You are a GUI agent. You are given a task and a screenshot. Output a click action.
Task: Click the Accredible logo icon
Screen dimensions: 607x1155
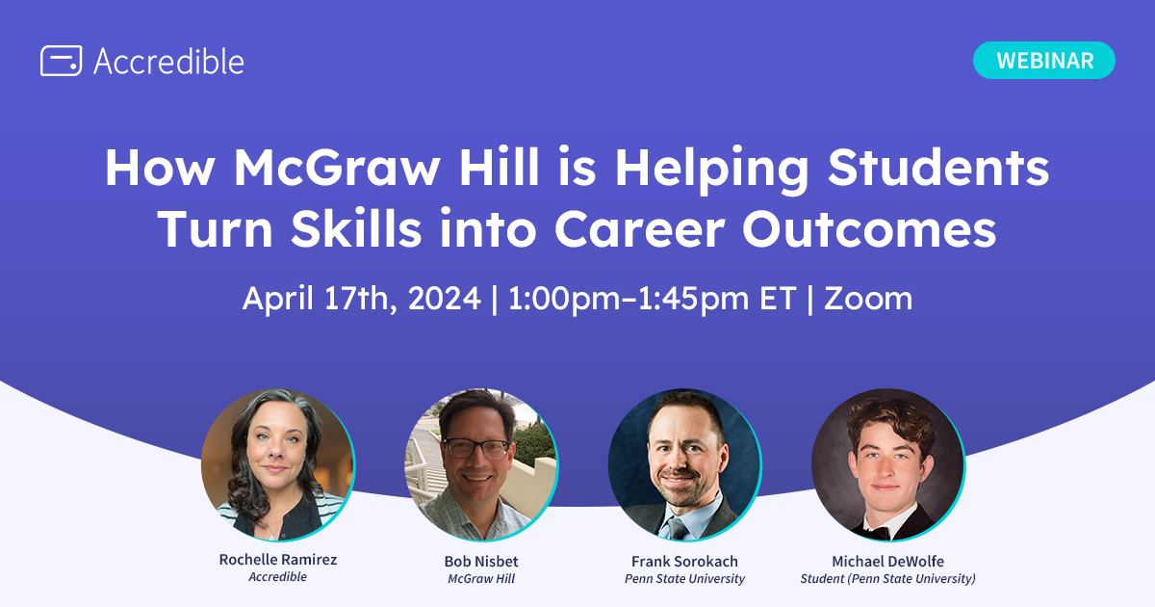[x=61, y=61]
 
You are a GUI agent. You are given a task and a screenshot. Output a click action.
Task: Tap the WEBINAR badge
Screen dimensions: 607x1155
[x=1044, y=60]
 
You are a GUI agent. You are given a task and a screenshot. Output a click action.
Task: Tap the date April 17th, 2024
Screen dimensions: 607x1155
[x=361, y=299]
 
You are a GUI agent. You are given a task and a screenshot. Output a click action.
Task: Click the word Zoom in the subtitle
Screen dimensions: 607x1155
[x=867, y=299]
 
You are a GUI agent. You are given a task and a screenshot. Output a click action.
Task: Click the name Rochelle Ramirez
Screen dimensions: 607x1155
[x=277, y=560]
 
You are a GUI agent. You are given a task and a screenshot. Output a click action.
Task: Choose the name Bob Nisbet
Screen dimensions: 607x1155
[x=481, y=560]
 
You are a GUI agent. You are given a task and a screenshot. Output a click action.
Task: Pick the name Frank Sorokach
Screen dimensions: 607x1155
[x=684, y=560]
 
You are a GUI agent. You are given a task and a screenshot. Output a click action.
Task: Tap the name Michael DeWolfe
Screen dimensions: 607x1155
[x=887, y=560]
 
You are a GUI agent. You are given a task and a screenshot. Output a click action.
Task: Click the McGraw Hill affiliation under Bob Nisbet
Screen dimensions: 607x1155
[x=481, y=579]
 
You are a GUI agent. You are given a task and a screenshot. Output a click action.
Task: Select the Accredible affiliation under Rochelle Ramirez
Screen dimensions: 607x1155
[x=277, y=578]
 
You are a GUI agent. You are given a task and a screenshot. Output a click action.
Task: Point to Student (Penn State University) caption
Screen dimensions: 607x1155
[x=887, y=579]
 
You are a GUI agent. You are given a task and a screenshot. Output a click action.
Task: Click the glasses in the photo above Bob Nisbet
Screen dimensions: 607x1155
[x=477, y=448]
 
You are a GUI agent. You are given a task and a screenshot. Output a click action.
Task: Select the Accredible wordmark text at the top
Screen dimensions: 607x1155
[x=168, y=61]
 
